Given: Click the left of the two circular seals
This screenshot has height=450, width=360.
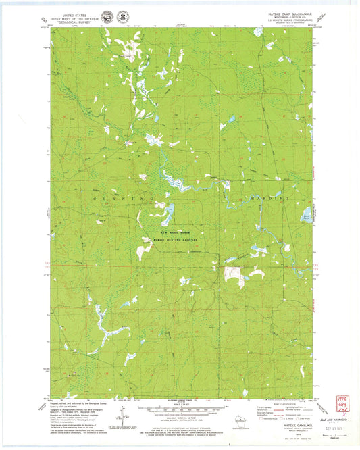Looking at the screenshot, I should [106, 16].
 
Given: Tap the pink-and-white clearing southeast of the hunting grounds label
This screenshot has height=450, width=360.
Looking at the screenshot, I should [232, 274].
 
